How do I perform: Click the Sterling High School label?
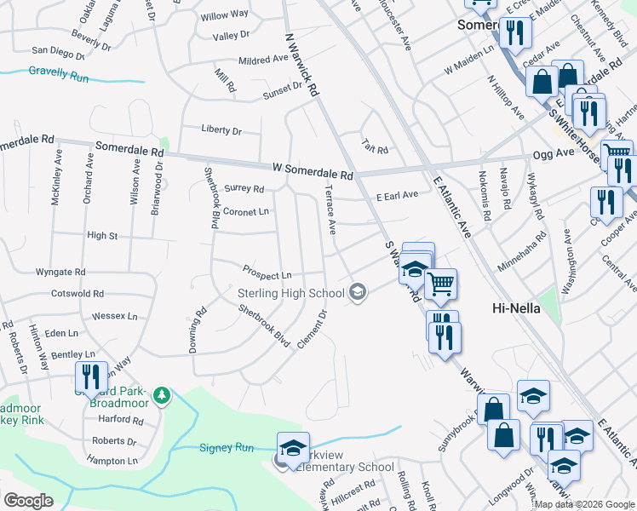pyautogui.click(x=290, y=294)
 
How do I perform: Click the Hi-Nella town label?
pyautogui.click(x=516, y=307)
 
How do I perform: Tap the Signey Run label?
pyautogui.click(x=227, y=447)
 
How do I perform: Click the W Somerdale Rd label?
pyautogui.click(x=313, y=172)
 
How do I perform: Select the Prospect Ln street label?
pyautogui.click(x=267, y=275)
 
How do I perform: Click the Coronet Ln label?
pyautogui.click(x=245, y=211)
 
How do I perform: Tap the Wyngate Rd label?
pyautogui.click(x=60, y=272)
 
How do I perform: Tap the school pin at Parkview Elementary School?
pyautogui.click(x=292, y=447)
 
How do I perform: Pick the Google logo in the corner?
pyautogui.click(x=28, y=501)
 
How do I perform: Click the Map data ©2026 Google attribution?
pyautogui.click(x=584, y=504)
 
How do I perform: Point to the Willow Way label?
pyautogui.click(x=225, y=15)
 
